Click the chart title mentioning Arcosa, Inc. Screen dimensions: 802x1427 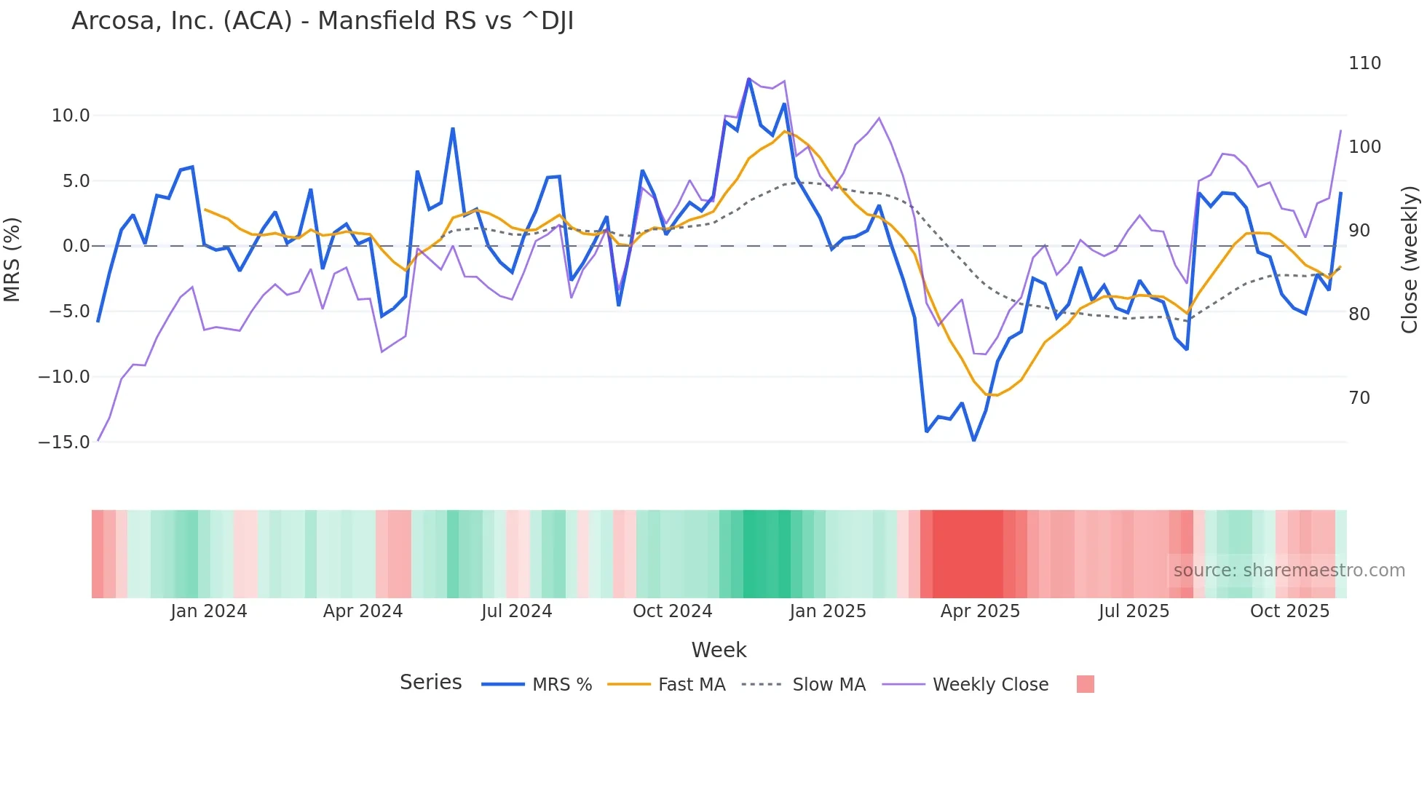point(323,21)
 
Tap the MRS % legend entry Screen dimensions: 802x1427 point(561,685)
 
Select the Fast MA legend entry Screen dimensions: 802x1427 point(691,685)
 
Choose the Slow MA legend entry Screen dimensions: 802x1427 point(829,685)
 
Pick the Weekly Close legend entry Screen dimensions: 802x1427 point(990,685)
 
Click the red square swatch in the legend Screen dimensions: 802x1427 point(1085,684)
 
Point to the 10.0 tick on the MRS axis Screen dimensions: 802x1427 point(71,116)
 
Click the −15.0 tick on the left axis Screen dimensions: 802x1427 point(64,442)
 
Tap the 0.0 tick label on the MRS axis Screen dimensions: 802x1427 point(76,246)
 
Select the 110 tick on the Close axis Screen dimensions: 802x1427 point(1364,63)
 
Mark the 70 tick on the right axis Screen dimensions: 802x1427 point(1359,398)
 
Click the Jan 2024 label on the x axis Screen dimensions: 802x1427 point(209,611)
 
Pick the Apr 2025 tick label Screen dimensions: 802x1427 point(980,611)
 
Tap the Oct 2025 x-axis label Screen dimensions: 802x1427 point(1289,611)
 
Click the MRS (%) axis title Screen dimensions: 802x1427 point(12,260)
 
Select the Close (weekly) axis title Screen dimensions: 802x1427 point(1410,260)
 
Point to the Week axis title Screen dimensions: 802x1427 point(719,650)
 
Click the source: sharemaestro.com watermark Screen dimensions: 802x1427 point(1289,571)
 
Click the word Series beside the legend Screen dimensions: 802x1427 point(430,683)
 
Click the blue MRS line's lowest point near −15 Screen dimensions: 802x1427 point(973,440)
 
